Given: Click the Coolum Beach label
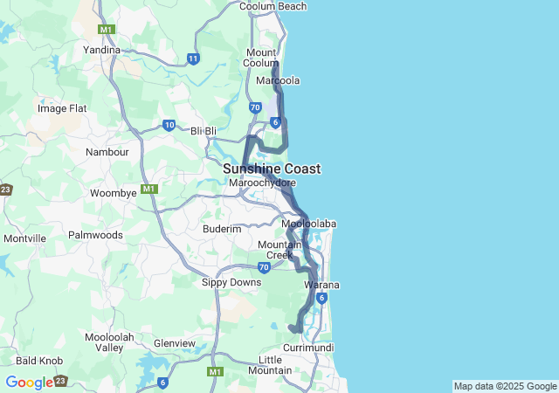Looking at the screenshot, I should pos(273,7).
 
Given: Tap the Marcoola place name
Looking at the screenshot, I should pos(279,80).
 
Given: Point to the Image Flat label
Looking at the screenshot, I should pos(62,108).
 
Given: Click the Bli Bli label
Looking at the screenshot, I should pos(204,131).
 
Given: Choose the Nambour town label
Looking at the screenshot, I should pos(107,152).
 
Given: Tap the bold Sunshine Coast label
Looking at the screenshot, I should pos(272,169).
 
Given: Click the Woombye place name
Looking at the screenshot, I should pos(114,192).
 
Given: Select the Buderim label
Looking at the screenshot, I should pos(222,229).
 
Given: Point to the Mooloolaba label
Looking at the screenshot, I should pos(309,224).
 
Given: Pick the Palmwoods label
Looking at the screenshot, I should pos(96,235).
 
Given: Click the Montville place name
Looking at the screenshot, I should pos(24,238).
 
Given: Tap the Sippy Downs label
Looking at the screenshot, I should pos(231,282).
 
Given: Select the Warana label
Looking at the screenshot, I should pos(321,286).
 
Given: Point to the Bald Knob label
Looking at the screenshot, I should pos(38,360).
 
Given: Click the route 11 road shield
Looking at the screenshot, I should pos(193,59).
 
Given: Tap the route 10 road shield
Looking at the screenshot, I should pos(169,125).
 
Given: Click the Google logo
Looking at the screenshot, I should pos(29,383).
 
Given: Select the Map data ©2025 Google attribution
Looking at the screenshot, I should pos(505,386).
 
